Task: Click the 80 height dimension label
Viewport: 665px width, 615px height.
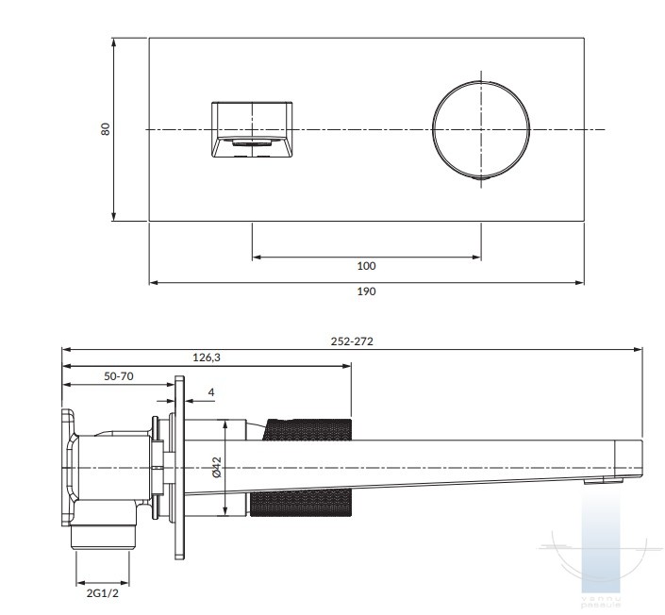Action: (107, 129)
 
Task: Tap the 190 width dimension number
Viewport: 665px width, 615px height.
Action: (367, 291)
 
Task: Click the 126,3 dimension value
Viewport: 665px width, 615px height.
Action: (207, 357)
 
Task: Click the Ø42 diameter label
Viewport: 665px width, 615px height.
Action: (216, 467)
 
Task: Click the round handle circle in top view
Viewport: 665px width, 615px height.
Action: (480, 129)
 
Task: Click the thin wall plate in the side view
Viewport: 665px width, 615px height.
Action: (177, 467)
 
